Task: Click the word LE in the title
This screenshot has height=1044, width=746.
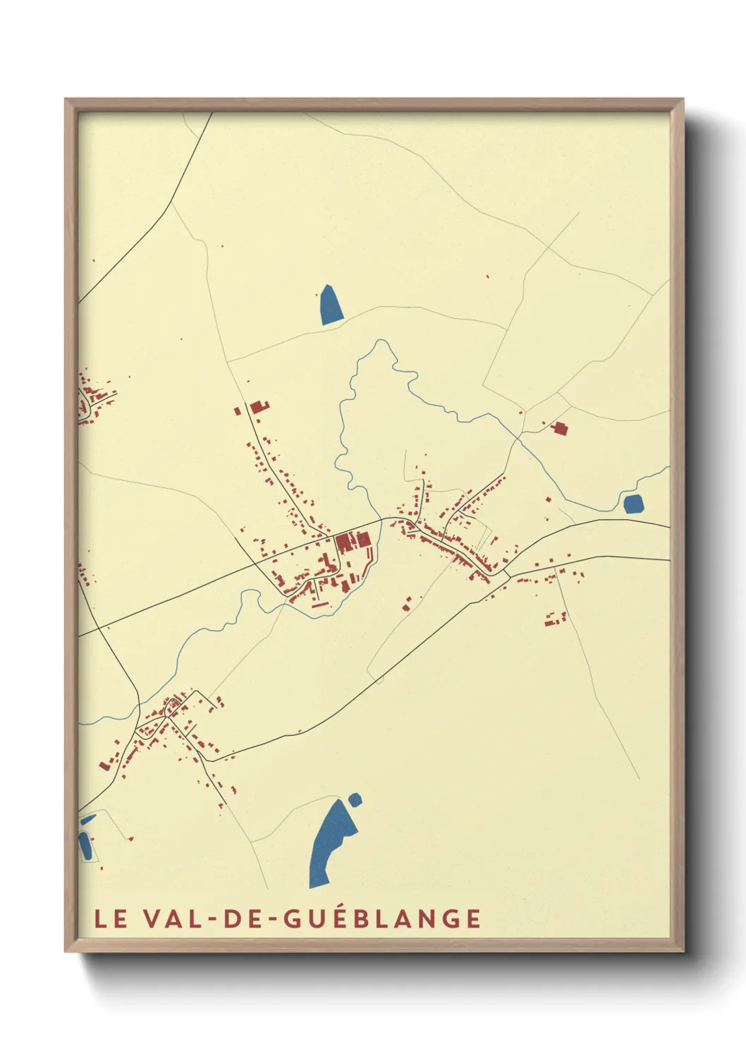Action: coord(111,918)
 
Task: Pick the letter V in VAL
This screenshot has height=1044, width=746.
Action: coord(150,918)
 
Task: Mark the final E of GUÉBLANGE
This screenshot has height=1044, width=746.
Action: coord(474,918)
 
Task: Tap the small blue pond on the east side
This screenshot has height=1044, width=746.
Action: coord(632,504)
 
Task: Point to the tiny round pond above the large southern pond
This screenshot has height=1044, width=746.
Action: coord(355,799)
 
